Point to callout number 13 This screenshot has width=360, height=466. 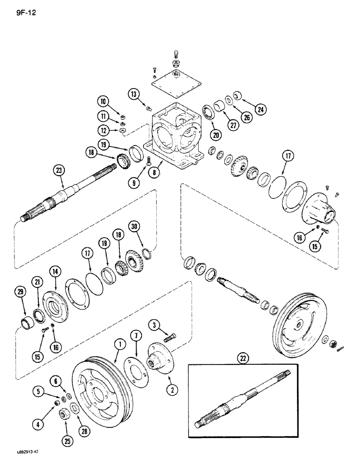[x=135, y=95]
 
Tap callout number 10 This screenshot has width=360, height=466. [x=103, y=101]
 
